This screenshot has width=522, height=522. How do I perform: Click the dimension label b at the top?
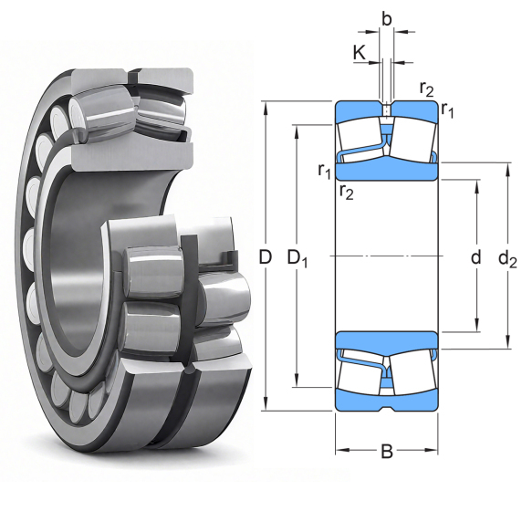click(386, 19)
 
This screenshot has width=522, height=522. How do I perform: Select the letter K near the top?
click(360, 53)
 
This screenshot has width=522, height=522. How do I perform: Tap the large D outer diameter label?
click(266, 257)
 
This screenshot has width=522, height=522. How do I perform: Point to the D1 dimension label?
click(298, 258)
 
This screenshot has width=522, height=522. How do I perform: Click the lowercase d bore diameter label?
click(476, 257)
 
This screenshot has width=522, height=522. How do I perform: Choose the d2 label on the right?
click(507, 258)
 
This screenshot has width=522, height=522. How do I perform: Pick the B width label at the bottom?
click(387, 452)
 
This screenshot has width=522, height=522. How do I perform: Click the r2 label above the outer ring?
click(426, 89)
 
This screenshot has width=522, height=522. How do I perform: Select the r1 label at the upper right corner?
click(447, 110)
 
